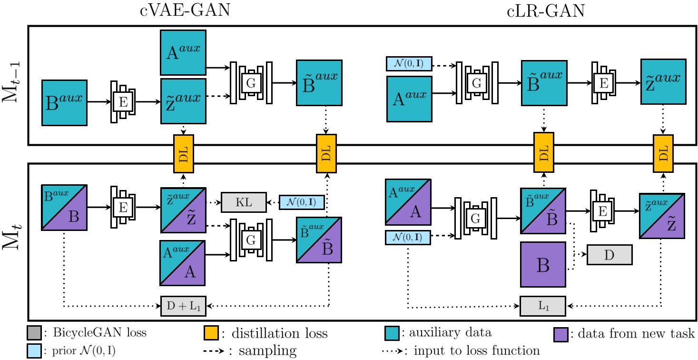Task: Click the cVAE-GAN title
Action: click(x=185, y=10)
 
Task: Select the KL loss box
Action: click(x=243, y=203)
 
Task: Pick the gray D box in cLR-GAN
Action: click(x=609, y=255)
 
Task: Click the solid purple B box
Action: click(x=543, y=264)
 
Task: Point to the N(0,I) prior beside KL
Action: click(x=302, y=203)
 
